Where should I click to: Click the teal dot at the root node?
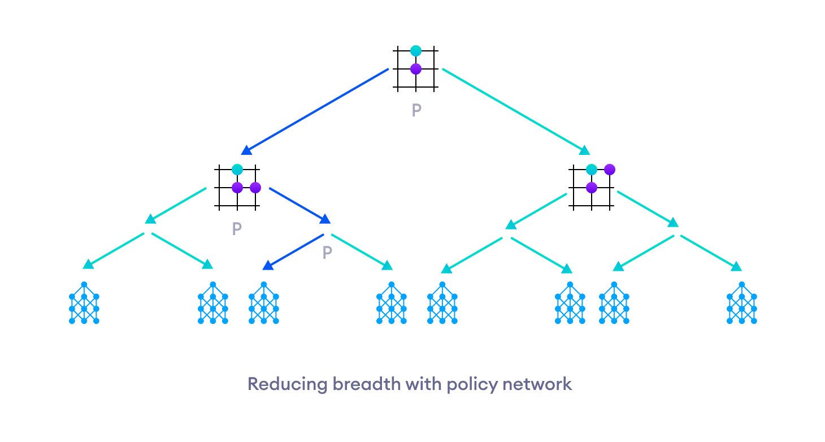pyautogui.click(x=416, y=51)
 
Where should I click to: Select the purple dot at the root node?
pyautogui.click(x=416, y=69)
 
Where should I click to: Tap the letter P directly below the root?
pyautogui.click(x=416, y=110)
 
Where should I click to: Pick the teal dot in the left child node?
pyautogui.click(x=237, y=170)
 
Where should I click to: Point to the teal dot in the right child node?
pyautogui.click(x=592, y=170)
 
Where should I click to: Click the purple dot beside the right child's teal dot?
pyautogui.click(x=610, y=170)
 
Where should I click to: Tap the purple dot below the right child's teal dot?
pyautogui.click(x=592, y=188)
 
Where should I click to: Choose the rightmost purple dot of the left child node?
pyautogui.click(x=255, y=188)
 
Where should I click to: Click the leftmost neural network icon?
pyautogui.click(x=84, y=303)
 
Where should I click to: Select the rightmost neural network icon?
pyautogui.click(x=741, y=303)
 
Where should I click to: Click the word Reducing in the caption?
pyautogui.click(x=288, y=385)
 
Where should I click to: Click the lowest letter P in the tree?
pyautogui.click(x=327, y=253)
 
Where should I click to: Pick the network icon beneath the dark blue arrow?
pyautogui.click(x=264, y=303)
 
